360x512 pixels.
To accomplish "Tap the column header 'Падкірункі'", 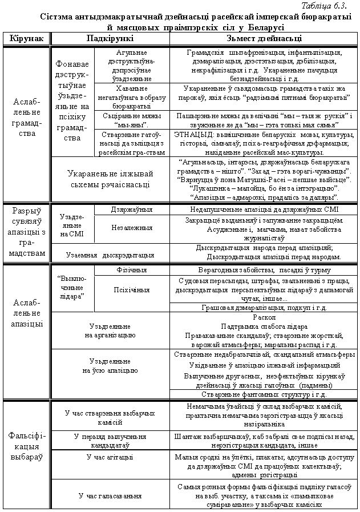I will [110, 38].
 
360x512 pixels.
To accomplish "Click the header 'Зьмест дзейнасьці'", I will [264, 38].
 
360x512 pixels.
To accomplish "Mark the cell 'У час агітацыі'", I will [110, 457].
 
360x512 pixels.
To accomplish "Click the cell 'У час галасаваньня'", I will [110, 495].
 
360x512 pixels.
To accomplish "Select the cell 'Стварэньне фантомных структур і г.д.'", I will [264, 394].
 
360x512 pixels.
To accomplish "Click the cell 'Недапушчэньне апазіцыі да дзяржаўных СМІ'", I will [264, 209].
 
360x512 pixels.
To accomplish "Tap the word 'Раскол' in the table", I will [264, 317].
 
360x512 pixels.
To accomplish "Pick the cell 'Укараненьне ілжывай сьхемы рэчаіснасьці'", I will [110, 179].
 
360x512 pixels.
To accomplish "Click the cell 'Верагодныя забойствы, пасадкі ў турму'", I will [264, 269].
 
